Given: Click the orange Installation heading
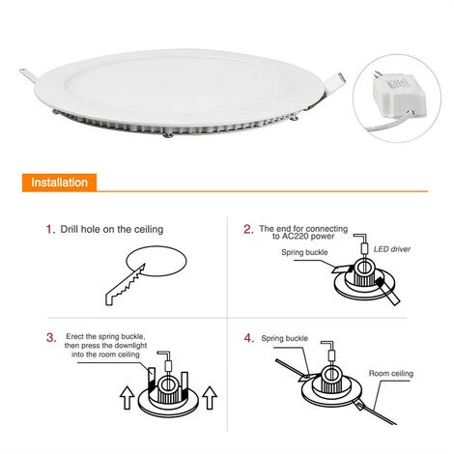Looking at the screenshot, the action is click(60, 183).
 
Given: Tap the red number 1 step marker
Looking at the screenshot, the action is click(50, 229).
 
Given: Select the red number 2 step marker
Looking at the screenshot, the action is click(248, 229).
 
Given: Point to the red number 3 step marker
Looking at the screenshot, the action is click(51, 338).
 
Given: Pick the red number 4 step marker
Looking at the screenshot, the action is click(249, 338).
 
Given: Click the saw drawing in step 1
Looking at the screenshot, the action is click(125, 285).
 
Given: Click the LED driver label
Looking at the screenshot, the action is click(392, 249).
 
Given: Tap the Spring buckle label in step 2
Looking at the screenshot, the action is click(304, 252).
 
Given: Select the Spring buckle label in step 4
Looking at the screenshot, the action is click(285, 338).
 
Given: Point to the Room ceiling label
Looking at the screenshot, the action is click(391, 374).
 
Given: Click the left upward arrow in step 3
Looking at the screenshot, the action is click(128, 398).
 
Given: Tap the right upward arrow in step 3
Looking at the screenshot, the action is click(210, 398).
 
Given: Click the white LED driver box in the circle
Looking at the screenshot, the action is click(399, 94).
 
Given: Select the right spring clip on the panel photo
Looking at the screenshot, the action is click(333, 83).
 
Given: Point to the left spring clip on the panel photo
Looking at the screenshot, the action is click(28, 74).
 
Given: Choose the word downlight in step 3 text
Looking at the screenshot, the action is click(130, 346).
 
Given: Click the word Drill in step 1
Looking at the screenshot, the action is click(70, 229).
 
